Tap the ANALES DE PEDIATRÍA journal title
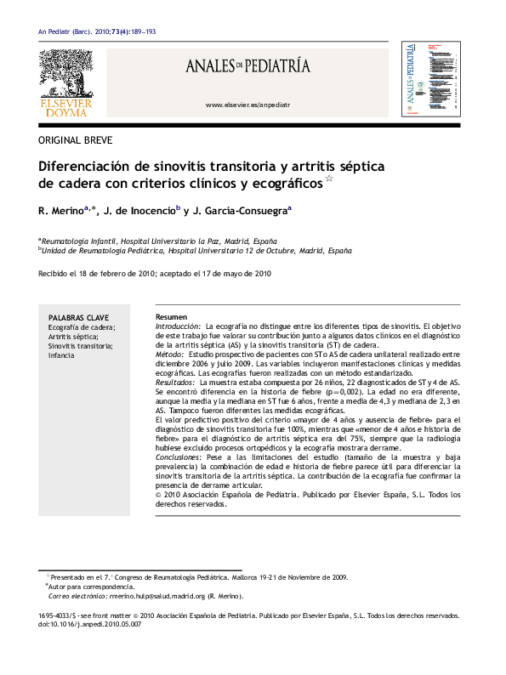[x=248, y=66]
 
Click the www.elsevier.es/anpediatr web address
[x=248, y=104]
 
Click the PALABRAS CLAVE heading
[x=78, y=316]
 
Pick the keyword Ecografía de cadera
[x=82, y=326]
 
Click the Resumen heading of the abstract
[x=171, y=316]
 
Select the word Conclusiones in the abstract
[x=177, y=457]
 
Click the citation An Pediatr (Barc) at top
[x=67, y=31]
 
